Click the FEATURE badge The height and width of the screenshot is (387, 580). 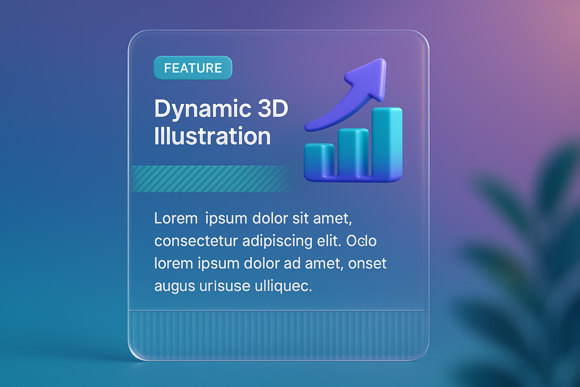(x=193, y=68)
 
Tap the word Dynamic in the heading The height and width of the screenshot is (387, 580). (x=203, y=109)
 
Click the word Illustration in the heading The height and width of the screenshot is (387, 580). (x=212, y=136)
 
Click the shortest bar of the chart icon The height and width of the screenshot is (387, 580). (x=319, y=160)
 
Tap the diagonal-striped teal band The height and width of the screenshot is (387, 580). (x=212, y=179)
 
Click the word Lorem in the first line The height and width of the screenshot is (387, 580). (x=176, y=218)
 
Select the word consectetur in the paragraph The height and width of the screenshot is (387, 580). (x=196, y=241)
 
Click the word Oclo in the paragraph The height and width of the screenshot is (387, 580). (x=361, y=241)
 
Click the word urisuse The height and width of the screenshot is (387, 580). (x=225, y=286)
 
